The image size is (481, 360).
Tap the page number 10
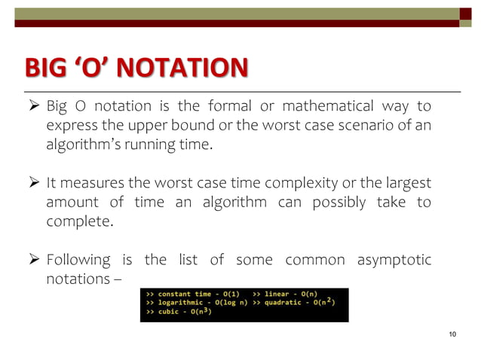click(x=453, y=334)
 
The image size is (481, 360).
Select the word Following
click(x=78, y=261)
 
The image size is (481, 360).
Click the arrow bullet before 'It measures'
click(x=35, y=183)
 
